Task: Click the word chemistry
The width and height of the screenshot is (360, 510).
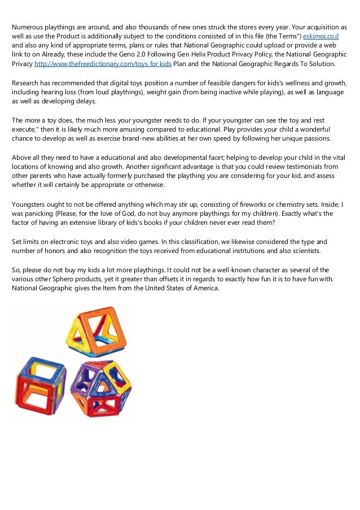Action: [x=288, y=203]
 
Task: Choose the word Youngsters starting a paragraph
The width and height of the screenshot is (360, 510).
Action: [x=30, y=203]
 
